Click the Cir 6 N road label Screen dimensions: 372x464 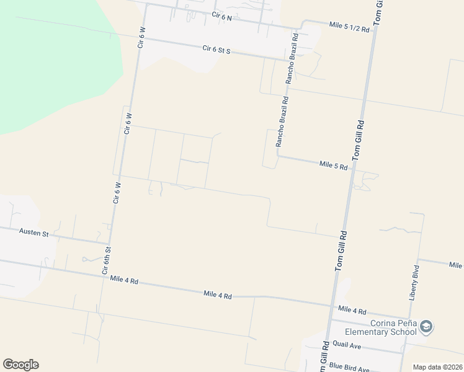[221, 17]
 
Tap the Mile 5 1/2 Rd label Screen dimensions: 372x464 [349, 26]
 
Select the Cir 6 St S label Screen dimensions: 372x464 [216, 50]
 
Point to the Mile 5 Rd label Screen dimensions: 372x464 [334, 165]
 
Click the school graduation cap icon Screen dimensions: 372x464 [426, 326]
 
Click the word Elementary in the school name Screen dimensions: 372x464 [385, 332]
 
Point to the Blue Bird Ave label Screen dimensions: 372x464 [349, 366]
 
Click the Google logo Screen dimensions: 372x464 [20, 365]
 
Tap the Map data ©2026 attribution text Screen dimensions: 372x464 [437, 367]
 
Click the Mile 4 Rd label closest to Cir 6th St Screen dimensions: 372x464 [123, 280]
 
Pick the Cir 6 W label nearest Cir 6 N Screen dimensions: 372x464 [141, 38]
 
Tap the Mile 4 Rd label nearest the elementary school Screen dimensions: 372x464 [352, 311]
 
